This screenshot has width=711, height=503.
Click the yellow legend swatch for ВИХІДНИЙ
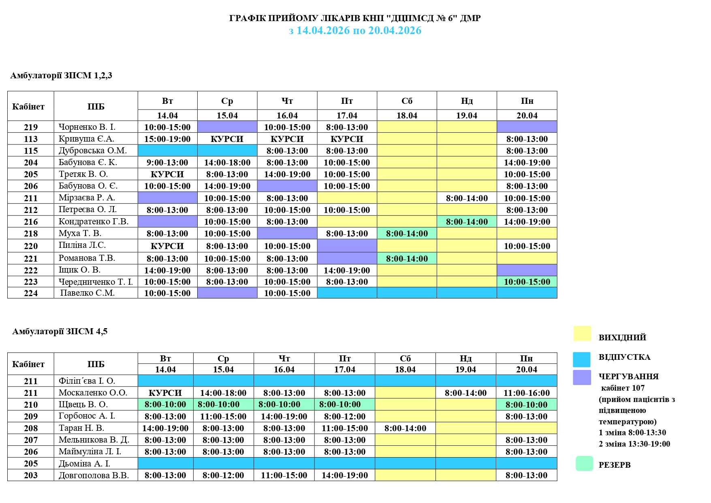582,334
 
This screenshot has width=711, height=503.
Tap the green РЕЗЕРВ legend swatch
584,464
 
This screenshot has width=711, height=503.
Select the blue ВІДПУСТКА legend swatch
582,359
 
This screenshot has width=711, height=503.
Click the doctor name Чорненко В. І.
87,127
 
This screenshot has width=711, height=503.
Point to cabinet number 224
31,293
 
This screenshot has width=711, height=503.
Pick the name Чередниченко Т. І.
96,282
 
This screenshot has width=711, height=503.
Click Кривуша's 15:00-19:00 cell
167,139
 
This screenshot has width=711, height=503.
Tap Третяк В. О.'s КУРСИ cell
167,174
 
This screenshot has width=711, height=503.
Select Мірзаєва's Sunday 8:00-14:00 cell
467,198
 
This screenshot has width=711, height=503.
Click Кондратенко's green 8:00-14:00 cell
467,222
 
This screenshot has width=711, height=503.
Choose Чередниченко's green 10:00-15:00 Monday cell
527,282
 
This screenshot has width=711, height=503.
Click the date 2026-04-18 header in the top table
407,116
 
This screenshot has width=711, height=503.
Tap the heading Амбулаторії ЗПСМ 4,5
60,331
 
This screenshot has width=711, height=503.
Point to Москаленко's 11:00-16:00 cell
526,393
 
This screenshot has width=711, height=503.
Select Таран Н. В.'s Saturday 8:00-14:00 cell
405,428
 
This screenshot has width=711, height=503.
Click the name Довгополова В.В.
94,475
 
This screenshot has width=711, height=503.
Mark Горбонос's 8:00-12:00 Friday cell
344,417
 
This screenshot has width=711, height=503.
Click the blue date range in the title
355,30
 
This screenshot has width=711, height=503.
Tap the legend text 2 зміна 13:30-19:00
634,444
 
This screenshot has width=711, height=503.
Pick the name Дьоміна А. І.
84,464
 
